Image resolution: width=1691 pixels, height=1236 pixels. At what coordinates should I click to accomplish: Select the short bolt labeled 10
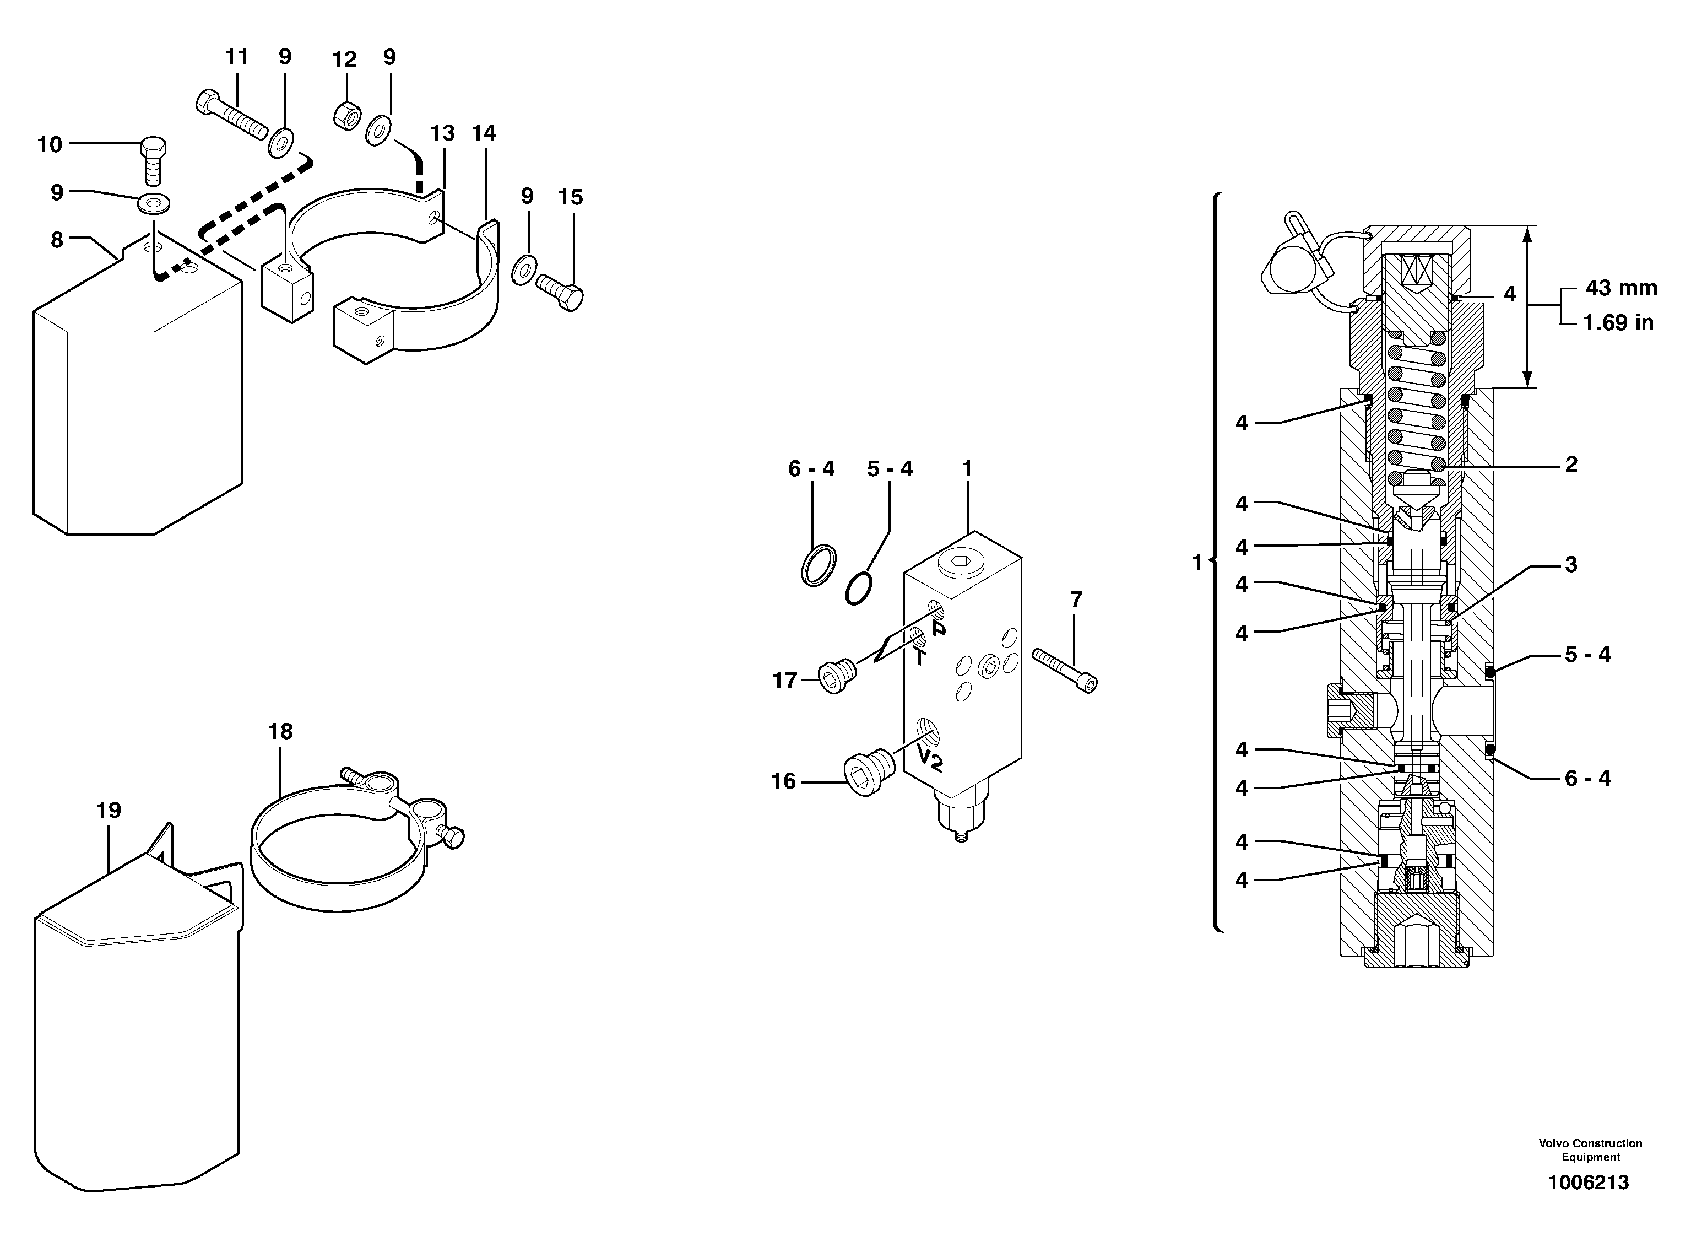pyautogui.click(x=153, y=160)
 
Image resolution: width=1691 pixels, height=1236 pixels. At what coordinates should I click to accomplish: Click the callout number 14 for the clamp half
pyautogui.click(x=484, y=133)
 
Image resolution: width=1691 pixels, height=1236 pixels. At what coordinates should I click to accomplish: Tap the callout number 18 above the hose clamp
pyautogui.click(x=280, y=731)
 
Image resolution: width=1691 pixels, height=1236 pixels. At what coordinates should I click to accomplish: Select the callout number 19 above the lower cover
pyautogui.click(x=109, y=809)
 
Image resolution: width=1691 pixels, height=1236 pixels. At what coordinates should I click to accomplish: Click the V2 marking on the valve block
pyautogui.click(x=930, y=759)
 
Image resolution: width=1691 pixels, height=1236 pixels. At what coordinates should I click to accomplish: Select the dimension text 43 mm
pyautogui.click(x=1620, y=288)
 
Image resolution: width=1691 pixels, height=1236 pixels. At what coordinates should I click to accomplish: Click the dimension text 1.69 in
pyautogui.click(x=1618, y=322)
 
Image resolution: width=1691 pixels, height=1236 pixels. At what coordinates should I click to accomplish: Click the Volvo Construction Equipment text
pyautogui.click(x=1590, y=1150)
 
